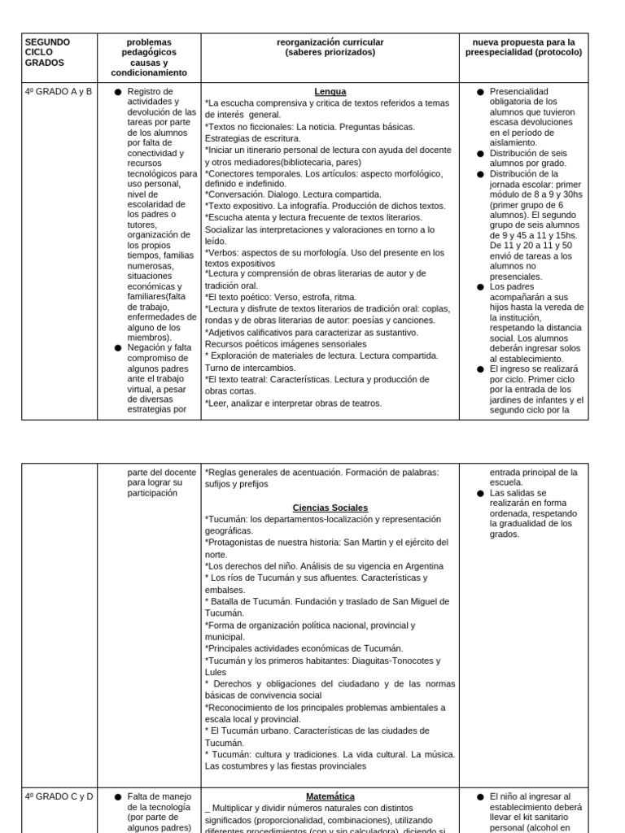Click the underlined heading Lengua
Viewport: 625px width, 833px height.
(330, 92)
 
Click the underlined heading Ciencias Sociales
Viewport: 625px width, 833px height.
(330, 508)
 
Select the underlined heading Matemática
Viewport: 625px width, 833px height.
(330, 796)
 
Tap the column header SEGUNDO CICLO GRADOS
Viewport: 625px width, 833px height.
(48, 52)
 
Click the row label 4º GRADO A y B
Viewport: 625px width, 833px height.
(59, 92)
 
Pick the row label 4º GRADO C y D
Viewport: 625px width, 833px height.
(59, 796)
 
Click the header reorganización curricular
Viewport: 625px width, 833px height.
(330, 47)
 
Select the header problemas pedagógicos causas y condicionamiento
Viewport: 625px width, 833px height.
(149, 57)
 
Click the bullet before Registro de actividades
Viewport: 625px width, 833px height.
(118, 92)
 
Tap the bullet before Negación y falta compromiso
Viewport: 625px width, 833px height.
(118, 347)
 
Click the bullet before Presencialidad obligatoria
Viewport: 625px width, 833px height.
(480, 92)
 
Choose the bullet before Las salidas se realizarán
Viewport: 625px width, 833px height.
(480, 493)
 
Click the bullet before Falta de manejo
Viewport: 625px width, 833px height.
(118, 796)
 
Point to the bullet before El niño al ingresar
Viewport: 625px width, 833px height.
(480, 796)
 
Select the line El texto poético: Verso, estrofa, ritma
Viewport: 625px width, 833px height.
(282, 297)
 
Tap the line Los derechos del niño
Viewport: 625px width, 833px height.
(324, 565)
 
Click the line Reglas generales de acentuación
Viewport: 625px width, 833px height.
(321, 472)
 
